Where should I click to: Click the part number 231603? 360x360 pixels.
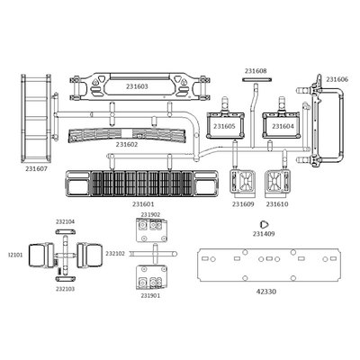point(137,86)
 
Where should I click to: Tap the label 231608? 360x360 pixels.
point(256,71)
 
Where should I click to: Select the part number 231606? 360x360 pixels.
point(337,79)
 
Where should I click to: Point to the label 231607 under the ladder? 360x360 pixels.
point(36,169)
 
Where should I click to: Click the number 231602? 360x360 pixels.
point(127,145)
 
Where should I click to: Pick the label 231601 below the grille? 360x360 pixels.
point(143,204)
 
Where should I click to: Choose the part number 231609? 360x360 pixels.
point(243,204)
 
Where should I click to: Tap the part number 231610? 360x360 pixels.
point(277,204)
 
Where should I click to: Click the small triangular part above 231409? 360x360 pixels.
point(264,224)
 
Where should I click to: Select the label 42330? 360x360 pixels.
point(266,292)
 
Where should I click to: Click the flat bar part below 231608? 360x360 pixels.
point(257,79)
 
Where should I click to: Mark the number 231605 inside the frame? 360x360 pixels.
point(225,127)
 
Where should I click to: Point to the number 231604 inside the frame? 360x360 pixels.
point(283,127)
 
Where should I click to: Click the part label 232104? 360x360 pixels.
point(65,222)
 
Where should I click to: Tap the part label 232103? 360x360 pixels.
point(65,289)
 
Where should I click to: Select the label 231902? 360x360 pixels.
point(150,214)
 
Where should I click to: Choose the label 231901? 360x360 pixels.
point(150,295)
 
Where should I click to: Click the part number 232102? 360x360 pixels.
point(115,254)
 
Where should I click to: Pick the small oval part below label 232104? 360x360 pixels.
point(65,232)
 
